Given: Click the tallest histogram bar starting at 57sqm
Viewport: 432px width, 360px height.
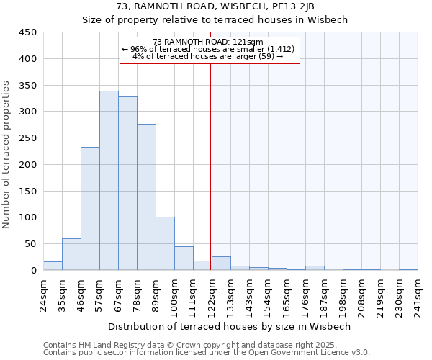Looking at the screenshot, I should click(109, 181).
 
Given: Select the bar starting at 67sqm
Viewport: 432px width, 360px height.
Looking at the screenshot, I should click(127, 184).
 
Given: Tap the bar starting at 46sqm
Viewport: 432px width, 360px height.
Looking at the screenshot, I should click(90, 209).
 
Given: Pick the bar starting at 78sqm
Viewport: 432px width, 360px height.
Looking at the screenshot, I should click(146, 197).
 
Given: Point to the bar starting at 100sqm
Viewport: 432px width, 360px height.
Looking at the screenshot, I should click(184, 258).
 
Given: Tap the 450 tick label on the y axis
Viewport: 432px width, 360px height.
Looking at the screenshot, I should click(28, 32).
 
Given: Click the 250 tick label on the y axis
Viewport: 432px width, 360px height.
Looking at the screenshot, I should click(28, 138).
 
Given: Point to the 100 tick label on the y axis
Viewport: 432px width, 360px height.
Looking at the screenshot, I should click(28, 217).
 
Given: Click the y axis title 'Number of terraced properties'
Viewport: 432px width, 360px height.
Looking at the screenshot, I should click(7, 155).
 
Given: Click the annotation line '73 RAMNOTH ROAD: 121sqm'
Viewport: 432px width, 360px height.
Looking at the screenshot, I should click(208, 42).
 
